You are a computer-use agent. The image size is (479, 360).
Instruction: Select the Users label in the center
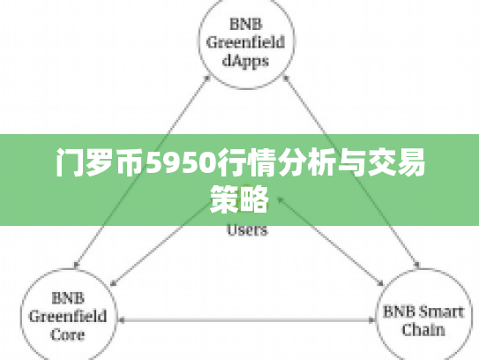point(248,231)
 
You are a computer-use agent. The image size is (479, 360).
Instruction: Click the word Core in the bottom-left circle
point(68,334)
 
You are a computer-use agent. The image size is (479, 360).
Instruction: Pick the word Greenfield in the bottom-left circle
point(68,316)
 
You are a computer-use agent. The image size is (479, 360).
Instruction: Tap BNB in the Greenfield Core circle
point(68,297)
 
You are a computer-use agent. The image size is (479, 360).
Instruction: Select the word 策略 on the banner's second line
point(240,198)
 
